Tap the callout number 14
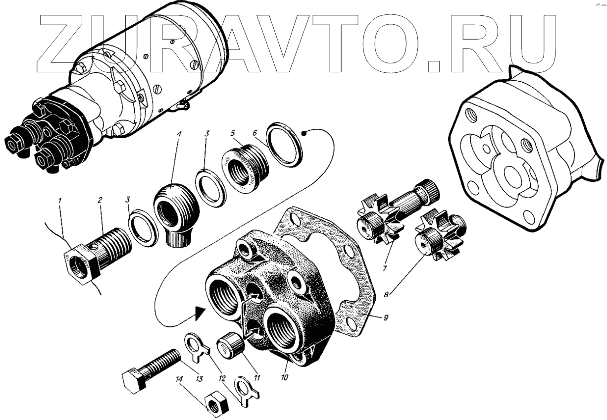click(x=180, y=379)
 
